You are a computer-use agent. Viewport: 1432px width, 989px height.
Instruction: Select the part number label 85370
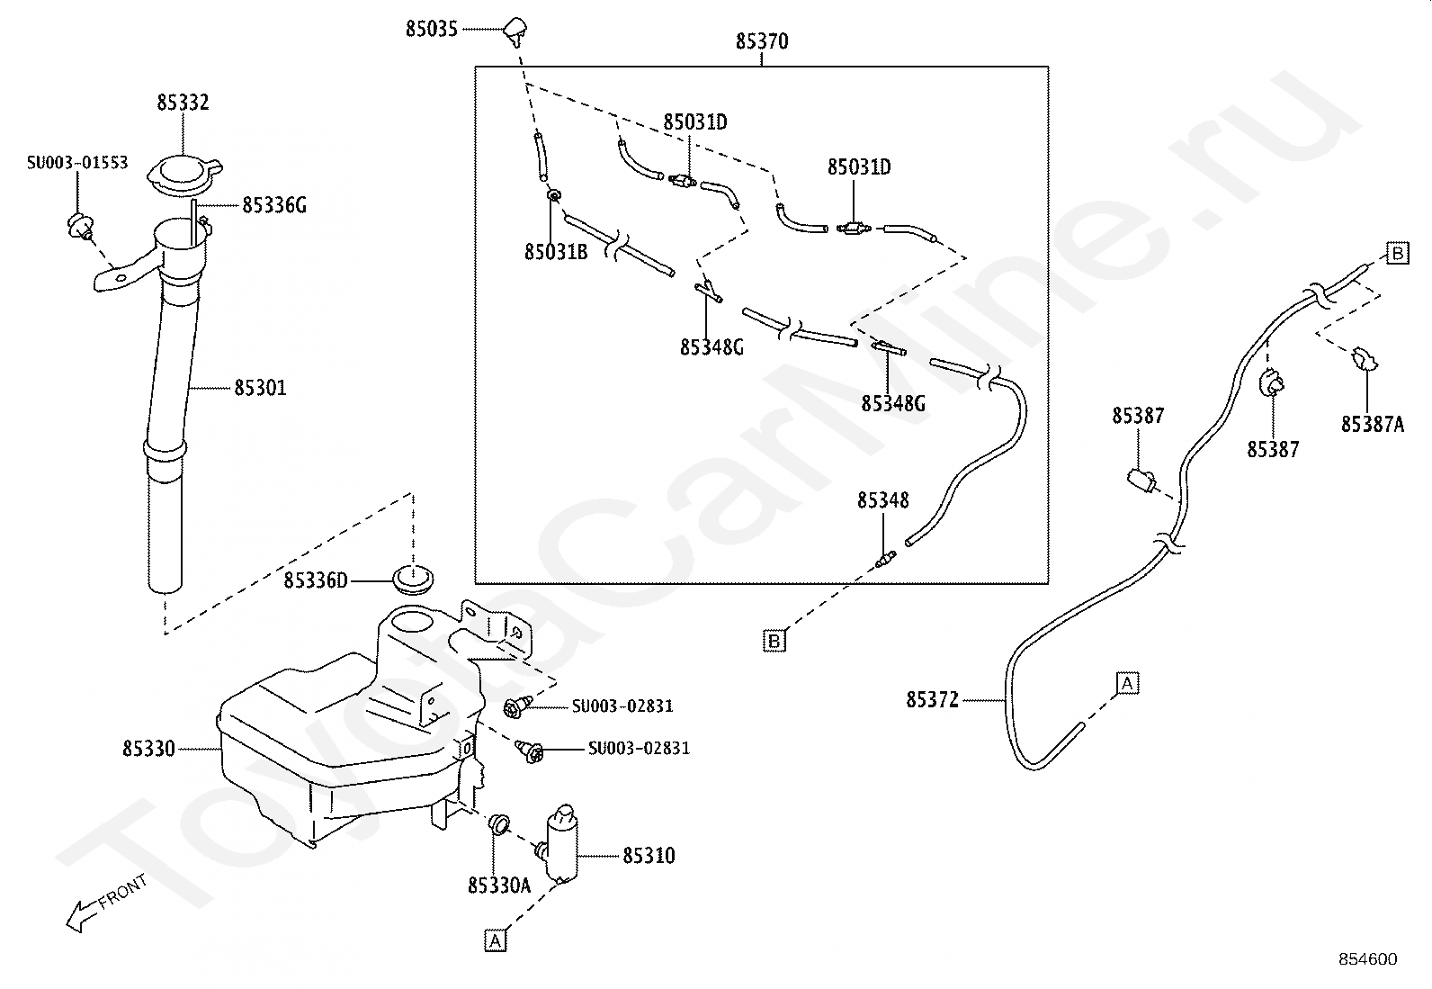point(761,42)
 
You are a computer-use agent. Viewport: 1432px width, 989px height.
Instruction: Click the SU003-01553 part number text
point(77,163)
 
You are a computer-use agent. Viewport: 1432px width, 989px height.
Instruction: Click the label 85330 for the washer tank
point(149,749)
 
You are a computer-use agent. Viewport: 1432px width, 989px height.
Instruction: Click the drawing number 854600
point(1367,959)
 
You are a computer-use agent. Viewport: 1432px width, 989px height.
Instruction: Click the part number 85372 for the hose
point(933,699)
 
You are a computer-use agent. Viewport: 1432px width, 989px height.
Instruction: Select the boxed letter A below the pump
point(495,940)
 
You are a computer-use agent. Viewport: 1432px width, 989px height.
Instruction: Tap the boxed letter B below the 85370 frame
point(774,641)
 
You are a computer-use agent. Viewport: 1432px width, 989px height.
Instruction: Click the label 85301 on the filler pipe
point(260,388)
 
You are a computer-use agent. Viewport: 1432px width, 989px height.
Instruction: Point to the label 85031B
point(556,252)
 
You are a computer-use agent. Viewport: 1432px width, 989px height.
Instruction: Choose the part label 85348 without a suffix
point(882,500)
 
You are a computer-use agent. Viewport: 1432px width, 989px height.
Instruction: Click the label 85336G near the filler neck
point(274,205)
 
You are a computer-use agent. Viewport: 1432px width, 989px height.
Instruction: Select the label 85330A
point(499,886)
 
